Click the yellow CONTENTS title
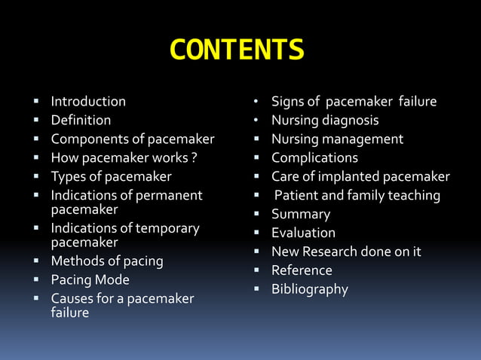click(x=237, y=50)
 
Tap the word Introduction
click(x=88, y=102)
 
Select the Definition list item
click(x=81, y=121)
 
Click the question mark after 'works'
click(x=195, y=158)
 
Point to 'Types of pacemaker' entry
click(x=111, y=177)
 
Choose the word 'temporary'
click(x=164, y=228)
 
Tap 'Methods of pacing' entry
click(x=107, y=261)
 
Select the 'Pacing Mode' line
click(x=90, y=280)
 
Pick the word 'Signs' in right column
click(x=287, y=102)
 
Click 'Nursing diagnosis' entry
click(x=325, y=121)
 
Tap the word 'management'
click(x=364, y=139)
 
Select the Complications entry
click(x=314, y=158)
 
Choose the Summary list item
click(x=301, y=215)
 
